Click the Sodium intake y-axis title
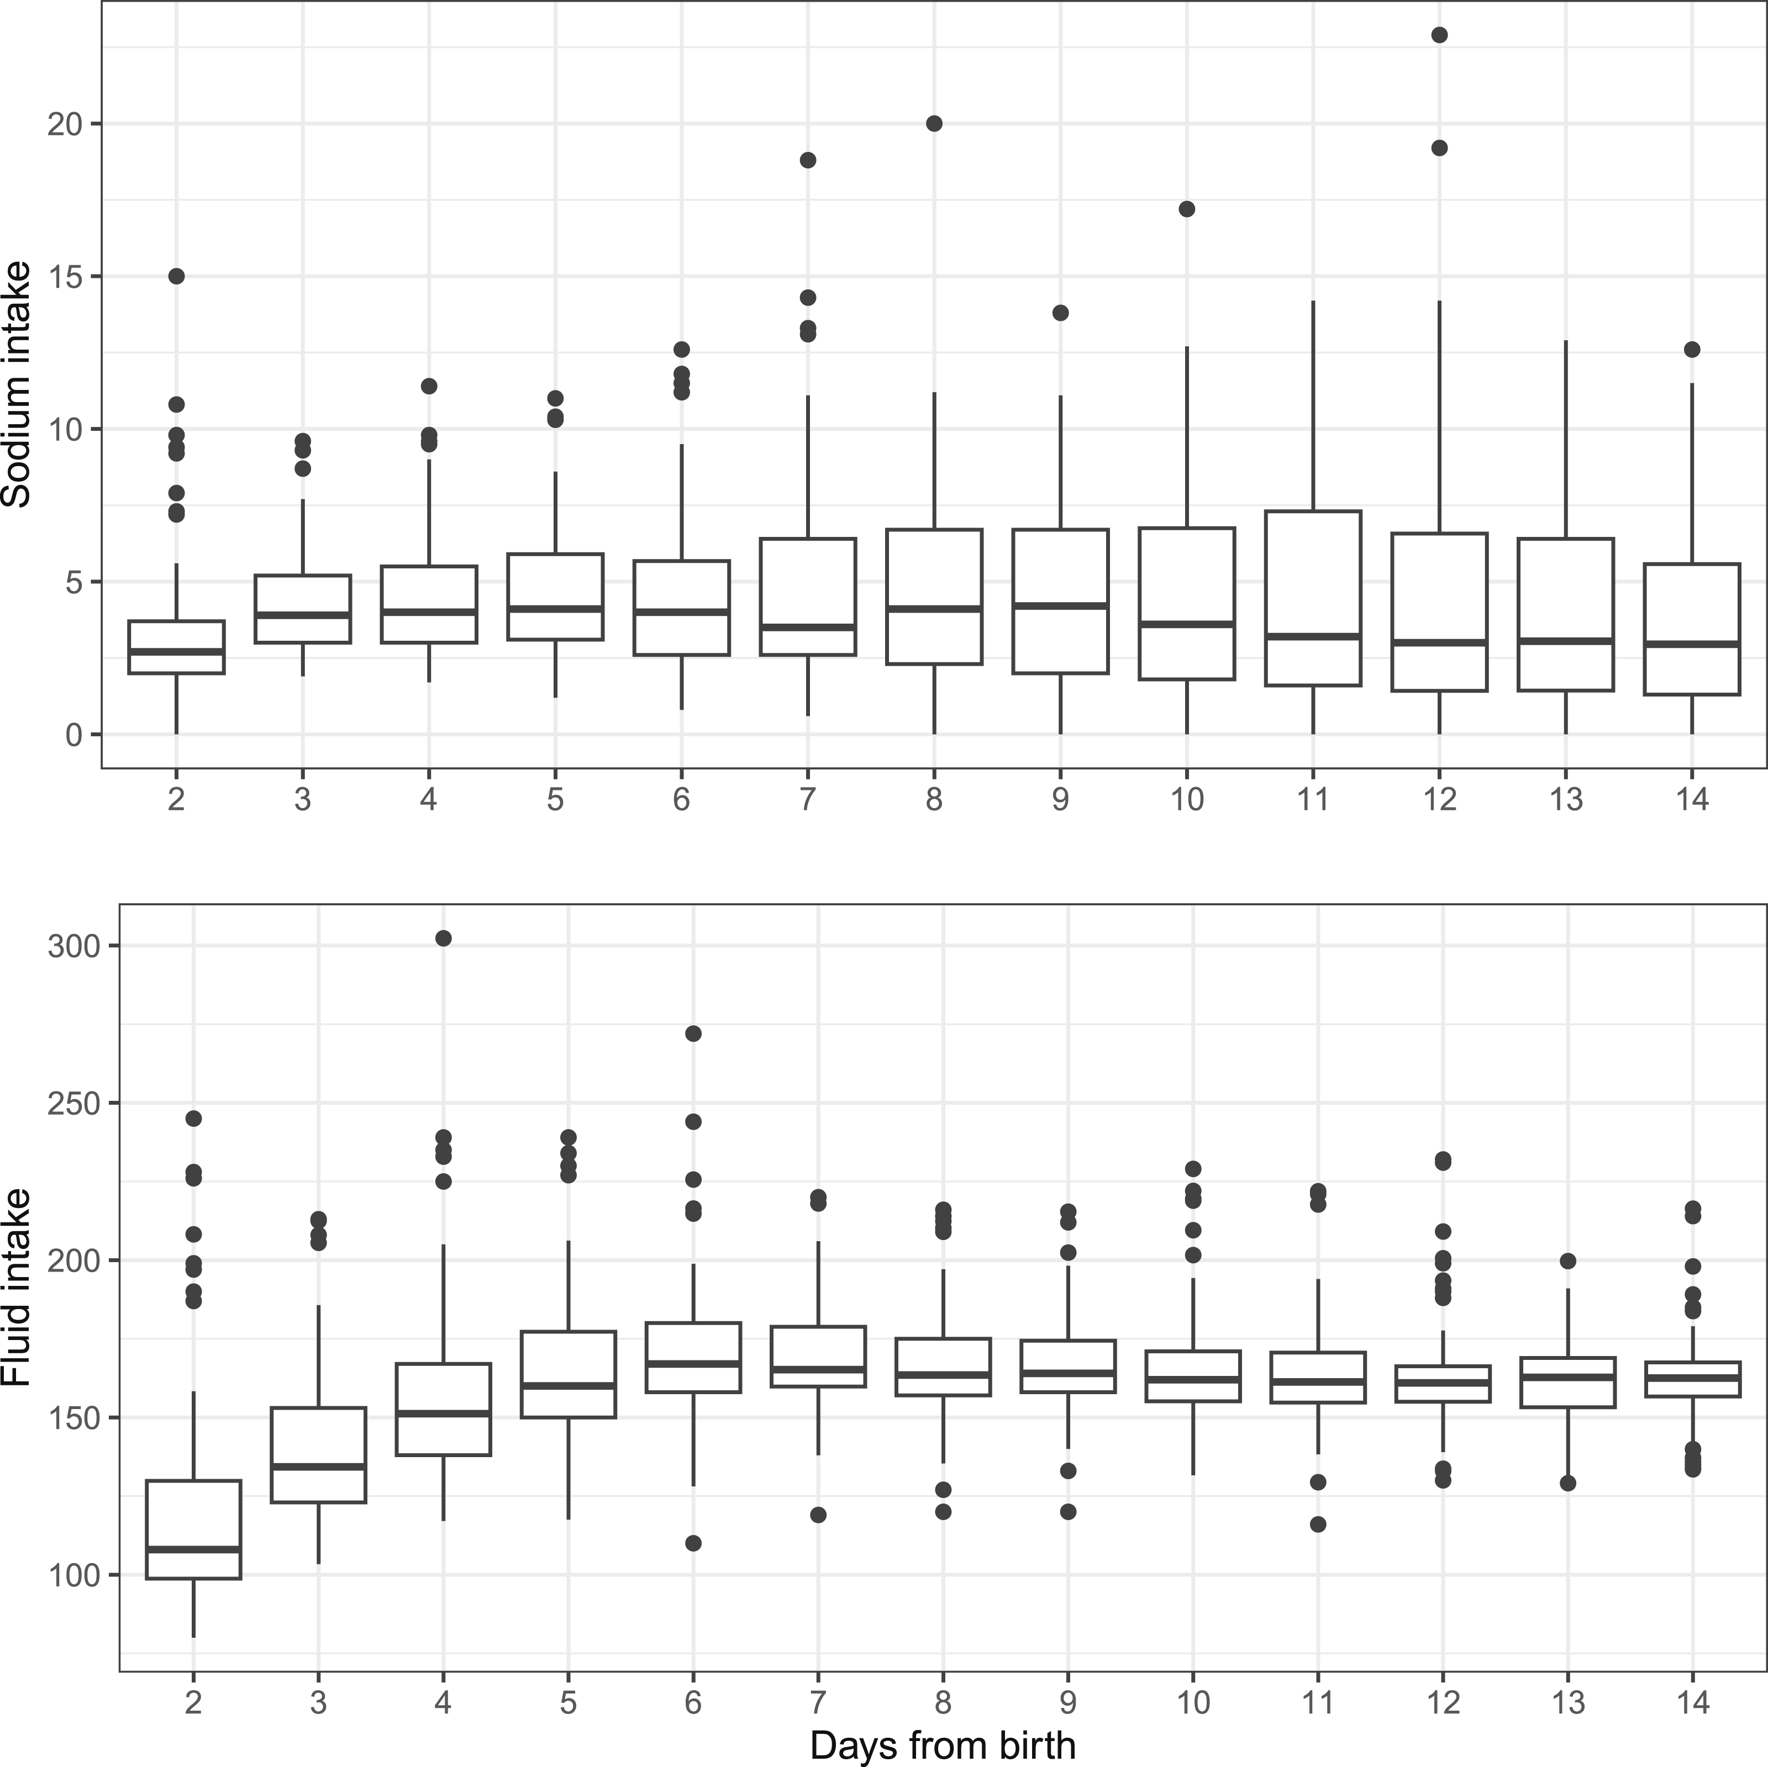coord(17,384)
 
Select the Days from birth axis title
coord(943,1745)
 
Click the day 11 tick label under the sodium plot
coord(1313,800)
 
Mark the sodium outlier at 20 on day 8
coord(934,124)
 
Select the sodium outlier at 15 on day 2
coord(177,276)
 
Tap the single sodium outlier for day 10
coord(1187,209)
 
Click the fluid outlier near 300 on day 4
coord(443,938)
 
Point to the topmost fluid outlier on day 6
coord(693,1033)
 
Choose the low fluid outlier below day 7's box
coord(818,1515)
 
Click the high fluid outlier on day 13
coord(1567,1261)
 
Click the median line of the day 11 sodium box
coord(1313,636)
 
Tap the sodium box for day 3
coord(303,609)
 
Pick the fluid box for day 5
coord(569,1374)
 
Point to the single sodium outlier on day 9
coord(1061,313)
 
